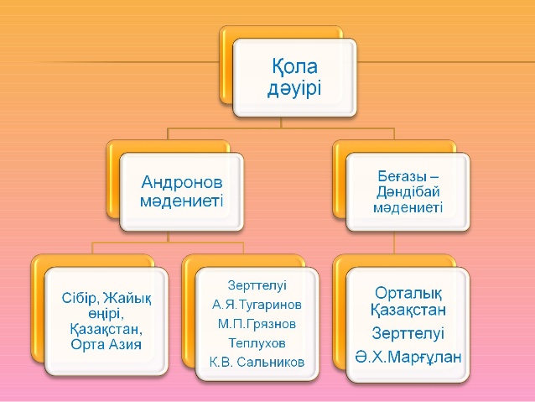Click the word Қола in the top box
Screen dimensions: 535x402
pos(294,66)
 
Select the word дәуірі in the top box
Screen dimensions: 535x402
pos(294,89)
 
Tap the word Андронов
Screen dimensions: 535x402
pos(182,182)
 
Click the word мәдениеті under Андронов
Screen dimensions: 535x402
pos(181,201)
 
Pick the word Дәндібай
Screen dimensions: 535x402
pos(408,192)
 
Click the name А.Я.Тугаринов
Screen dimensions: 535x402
pos(257,305)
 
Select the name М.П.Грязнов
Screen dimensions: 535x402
pos(257,324)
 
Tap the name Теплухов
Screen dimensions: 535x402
pos(257,343)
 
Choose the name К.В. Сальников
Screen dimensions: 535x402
pos(257,362)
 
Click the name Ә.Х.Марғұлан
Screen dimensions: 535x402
pos(408,357)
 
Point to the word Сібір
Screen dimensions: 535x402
pos(81,299)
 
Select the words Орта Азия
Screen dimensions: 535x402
pos(106,344)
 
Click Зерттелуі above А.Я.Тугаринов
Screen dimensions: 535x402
pos(257,285)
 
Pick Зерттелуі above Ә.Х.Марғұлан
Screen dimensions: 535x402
pos(408,333)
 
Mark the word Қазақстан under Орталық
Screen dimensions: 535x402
pos(408,311)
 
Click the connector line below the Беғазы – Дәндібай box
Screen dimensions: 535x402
pos(394,243)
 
